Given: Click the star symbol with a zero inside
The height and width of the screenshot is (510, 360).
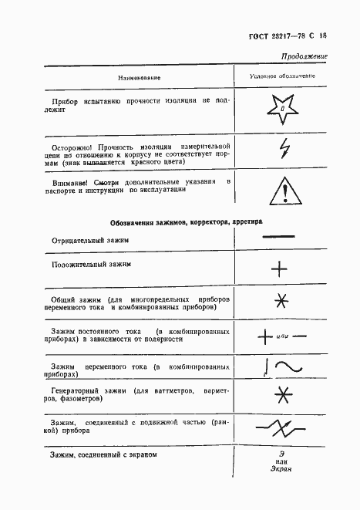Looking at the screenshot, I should coord(282,109).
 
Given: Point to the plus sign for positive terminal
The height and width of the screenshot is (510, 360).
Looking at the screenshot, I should coord(280,269).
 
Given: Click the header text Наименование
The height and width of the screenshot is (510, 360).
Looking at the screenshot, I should coord(139,78).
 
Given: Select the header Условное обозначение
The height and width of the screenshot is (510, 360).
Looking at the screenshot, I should coord(282,77).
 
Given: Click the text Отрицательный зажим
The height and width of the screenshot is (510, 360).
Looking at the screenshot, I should coord(90,240).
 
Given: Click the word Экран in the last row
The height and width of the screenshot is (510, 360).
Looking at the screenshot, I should coord(282,468).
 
